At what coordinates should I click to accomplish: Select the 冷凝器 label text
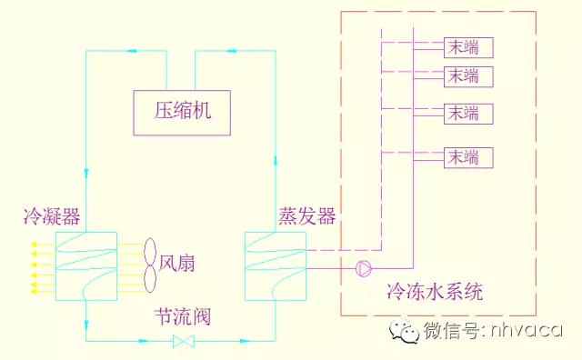point(52,216)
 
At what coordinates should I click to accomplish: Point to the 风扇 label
point(178,265)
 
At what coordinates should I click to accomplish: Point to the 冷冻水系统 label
point(434,293)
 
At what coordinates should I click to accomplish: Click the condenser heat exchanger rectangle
point(85,265)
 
